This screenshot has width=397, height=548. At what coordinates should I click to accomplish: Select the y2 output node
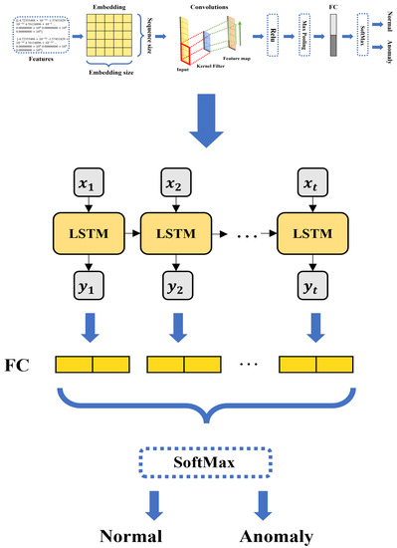coord(179,291)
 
